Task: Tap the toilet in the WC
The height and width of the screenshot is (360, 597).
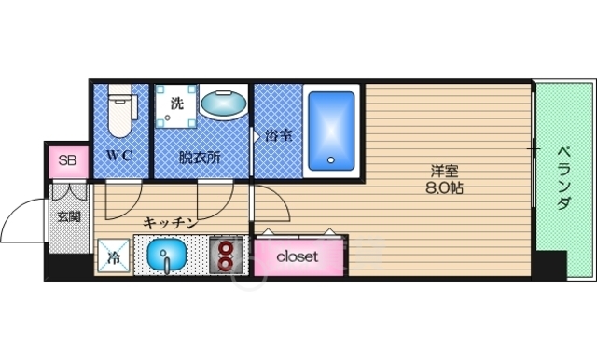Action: click(x=119, y=110)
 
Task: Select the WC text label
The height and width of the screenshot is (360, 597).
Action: click(x=118, y=156)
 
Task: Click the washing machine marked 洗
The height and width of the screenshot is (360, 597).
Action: click(x=176, y=104)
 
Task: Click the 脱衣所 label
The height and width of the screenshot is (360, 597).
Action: click(x=200, y=157)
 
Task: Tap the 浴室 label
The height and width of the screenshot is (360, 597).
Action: click(x=279, y=135)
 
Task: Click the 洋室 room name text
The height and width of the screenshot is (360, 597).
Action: click(x=443, y=171)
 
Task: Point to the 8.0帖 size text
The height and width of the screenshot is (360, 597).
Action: click(x=443, y=187)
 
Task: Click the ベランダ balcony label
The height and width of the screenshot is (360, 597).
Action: click(x=564, y=177)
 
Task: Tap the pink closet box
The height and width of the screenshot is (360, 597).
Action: click(x=298, y=256)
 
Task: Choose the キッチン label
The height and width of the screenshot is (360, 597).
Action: click(x=170, y=222)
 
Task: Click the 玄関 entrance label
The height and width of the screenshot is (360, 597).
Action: click(x=68, y=216)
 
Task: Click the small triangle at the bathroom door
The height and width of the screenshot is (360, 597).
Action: click(x=257, y=135)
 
